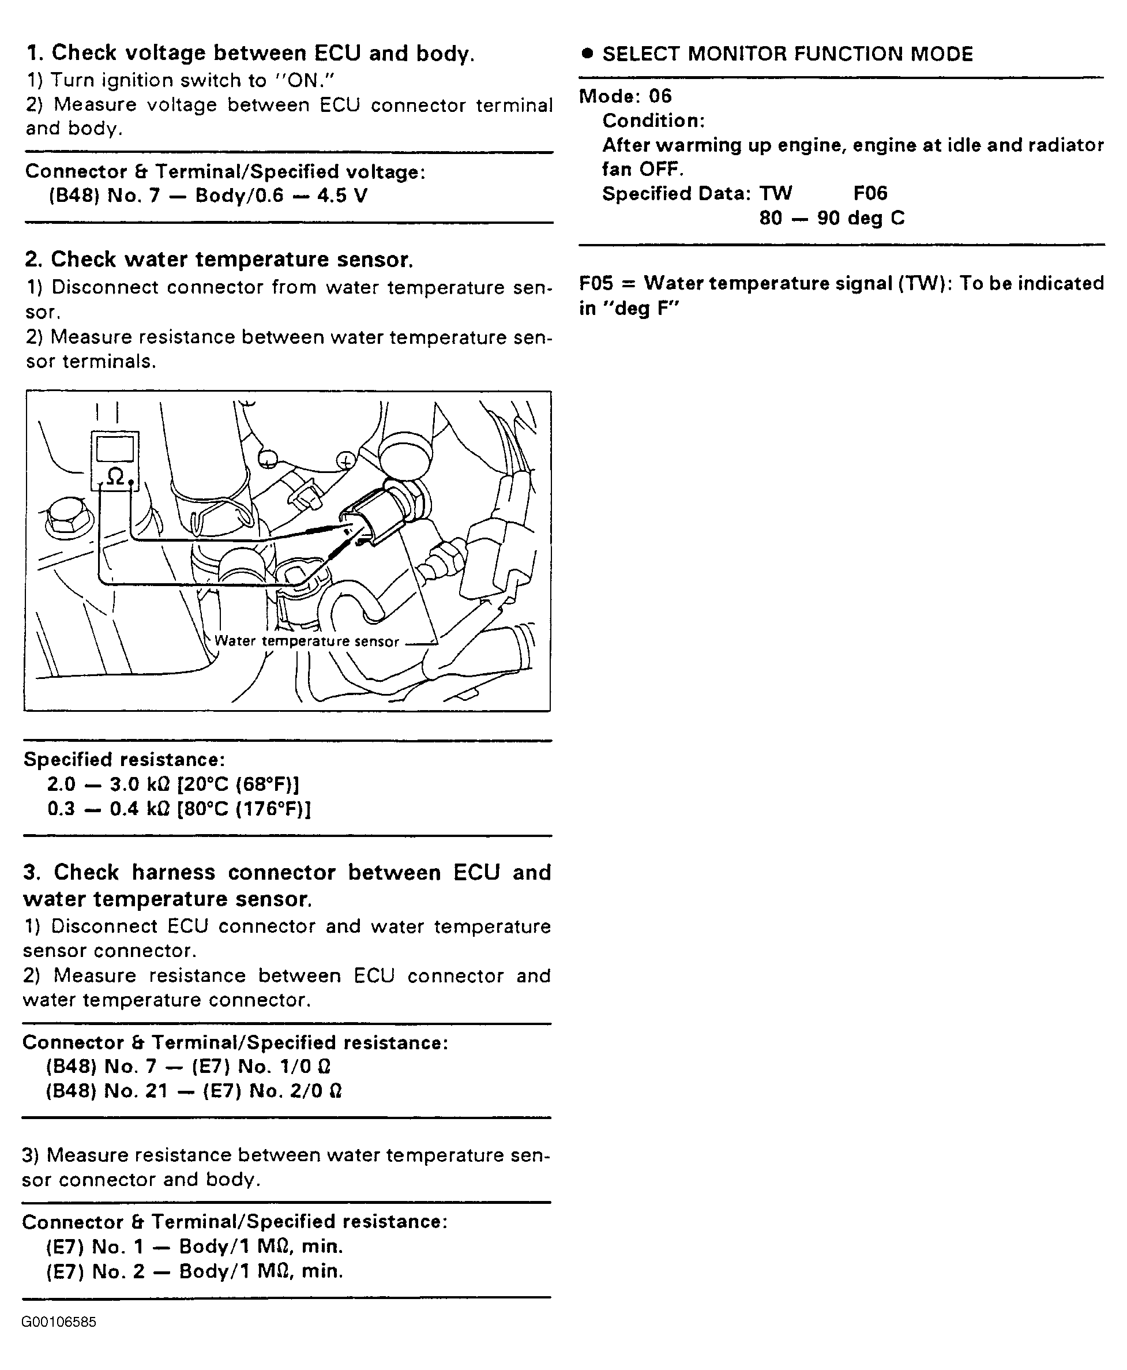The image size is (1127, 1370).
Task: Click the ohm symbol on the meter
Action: click(x=115, y=477)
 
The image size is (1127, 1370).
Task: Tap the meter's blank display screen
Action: click(x=115, y=449)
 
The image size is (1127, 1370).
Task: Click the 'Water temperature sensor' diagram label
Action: click(x=306, y=641)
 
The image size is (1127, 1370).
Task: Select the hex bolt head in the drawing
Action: click(x=65, y=516)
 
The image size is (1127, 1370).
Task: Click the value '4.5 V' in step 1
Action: click(x=342, y=196)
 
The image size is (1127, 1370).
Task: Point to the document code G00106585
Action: click(x=59, y=1323)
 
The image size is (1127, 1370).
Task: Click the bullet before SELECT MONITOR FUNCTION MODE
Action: click(x=588, y=53)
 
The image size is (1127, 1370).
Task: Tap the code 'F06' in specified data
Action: click(x=870, y=193)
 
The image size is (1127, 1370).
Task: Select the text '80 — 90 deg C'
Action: click(x=832, y=218)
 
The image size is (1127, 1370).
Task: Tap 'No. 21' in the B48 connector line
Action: click(x=136, y=1091)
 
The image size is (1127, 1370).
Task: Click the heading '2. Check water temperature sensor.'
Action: click(x=219, y=259)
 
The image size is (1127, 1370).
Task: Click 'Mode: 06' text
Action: click(x=625, y=96)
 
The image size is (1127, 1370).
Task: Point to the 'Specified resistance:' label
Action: click(x=124, y=759)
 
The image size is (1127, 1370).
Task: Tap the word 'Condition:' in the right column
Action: click(x=653, y=121)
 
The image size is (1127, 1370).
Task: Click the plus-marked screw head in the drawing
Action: click(x=346, y=461)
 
